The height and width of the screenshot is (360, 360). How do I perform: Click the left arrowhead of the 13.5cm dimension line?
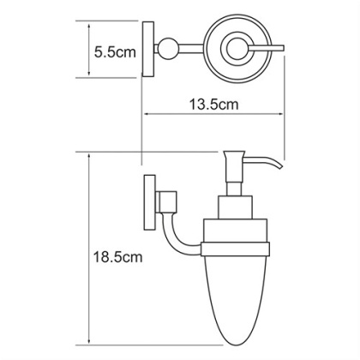pos(146,115)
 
